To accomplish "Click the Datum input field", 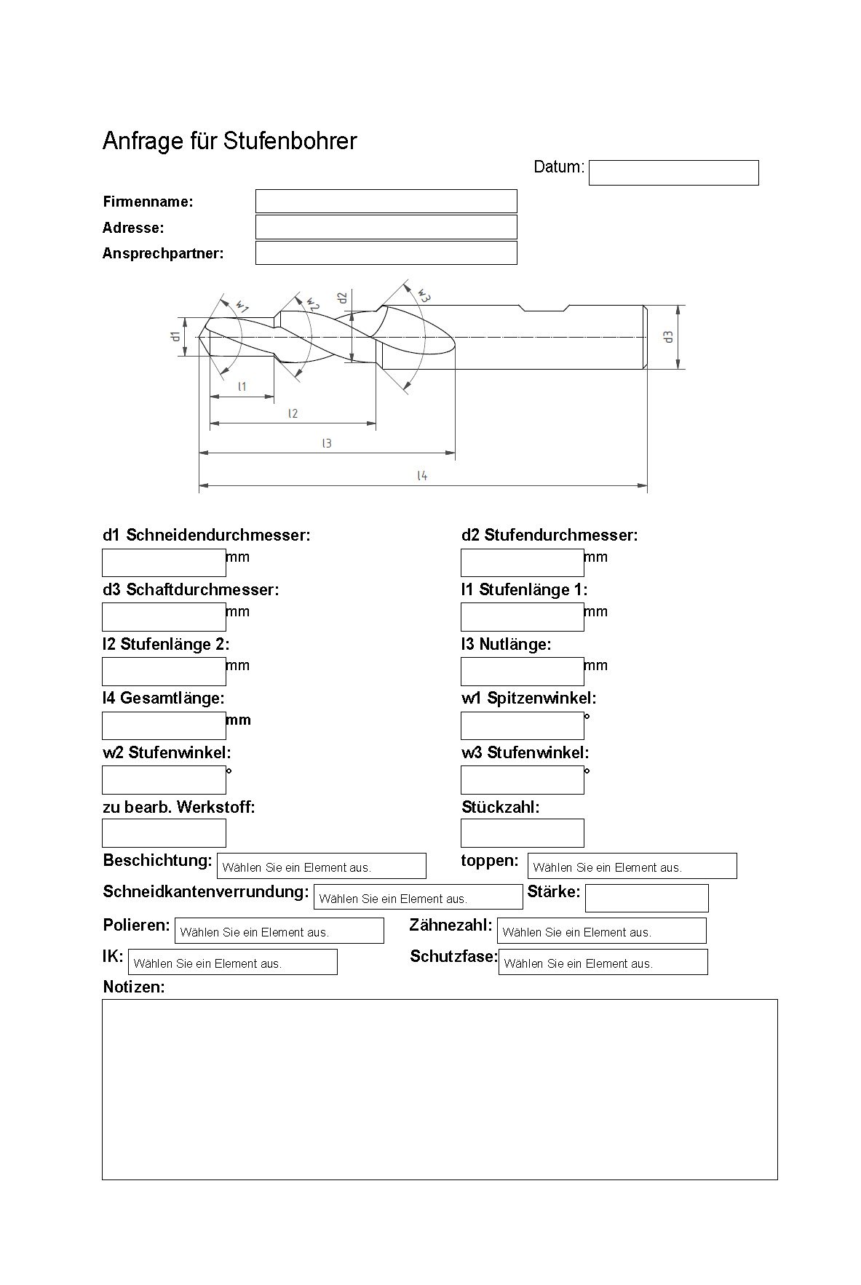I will (673, 173).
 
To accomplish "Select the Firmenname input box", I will (386, 202).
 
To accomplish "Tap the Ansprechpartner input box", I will (386, 253).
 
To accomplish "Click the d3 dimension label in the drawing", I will (668, 337).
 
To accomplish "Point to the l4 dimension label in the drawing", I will (422, 476).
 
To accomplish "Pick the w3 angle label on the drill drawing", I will (424, 295).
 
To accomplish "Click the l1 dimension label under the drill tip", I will (242, 386).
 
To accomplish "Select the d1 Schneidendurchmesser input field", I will (164, 563).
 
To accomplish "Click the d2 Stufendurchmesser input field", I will (522, 563).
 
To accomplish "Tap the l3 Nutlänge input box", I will (522, 672).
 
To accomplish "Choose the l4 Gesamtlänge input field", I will (164, 726).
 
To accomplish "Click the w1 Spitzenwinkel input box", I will (522, 726).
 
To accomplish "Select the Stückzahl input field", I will (522, 834).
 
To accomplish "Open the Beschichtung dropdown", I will (321, 867).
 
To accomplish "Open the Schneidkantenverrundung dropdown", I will (418, 898).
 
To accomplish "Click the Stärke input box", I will (646, 899).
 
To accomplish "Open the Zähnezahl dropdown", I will (601, 931).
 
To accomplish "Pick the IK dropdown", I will (232, 963).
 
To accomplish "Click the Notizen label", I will (134, 987).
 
